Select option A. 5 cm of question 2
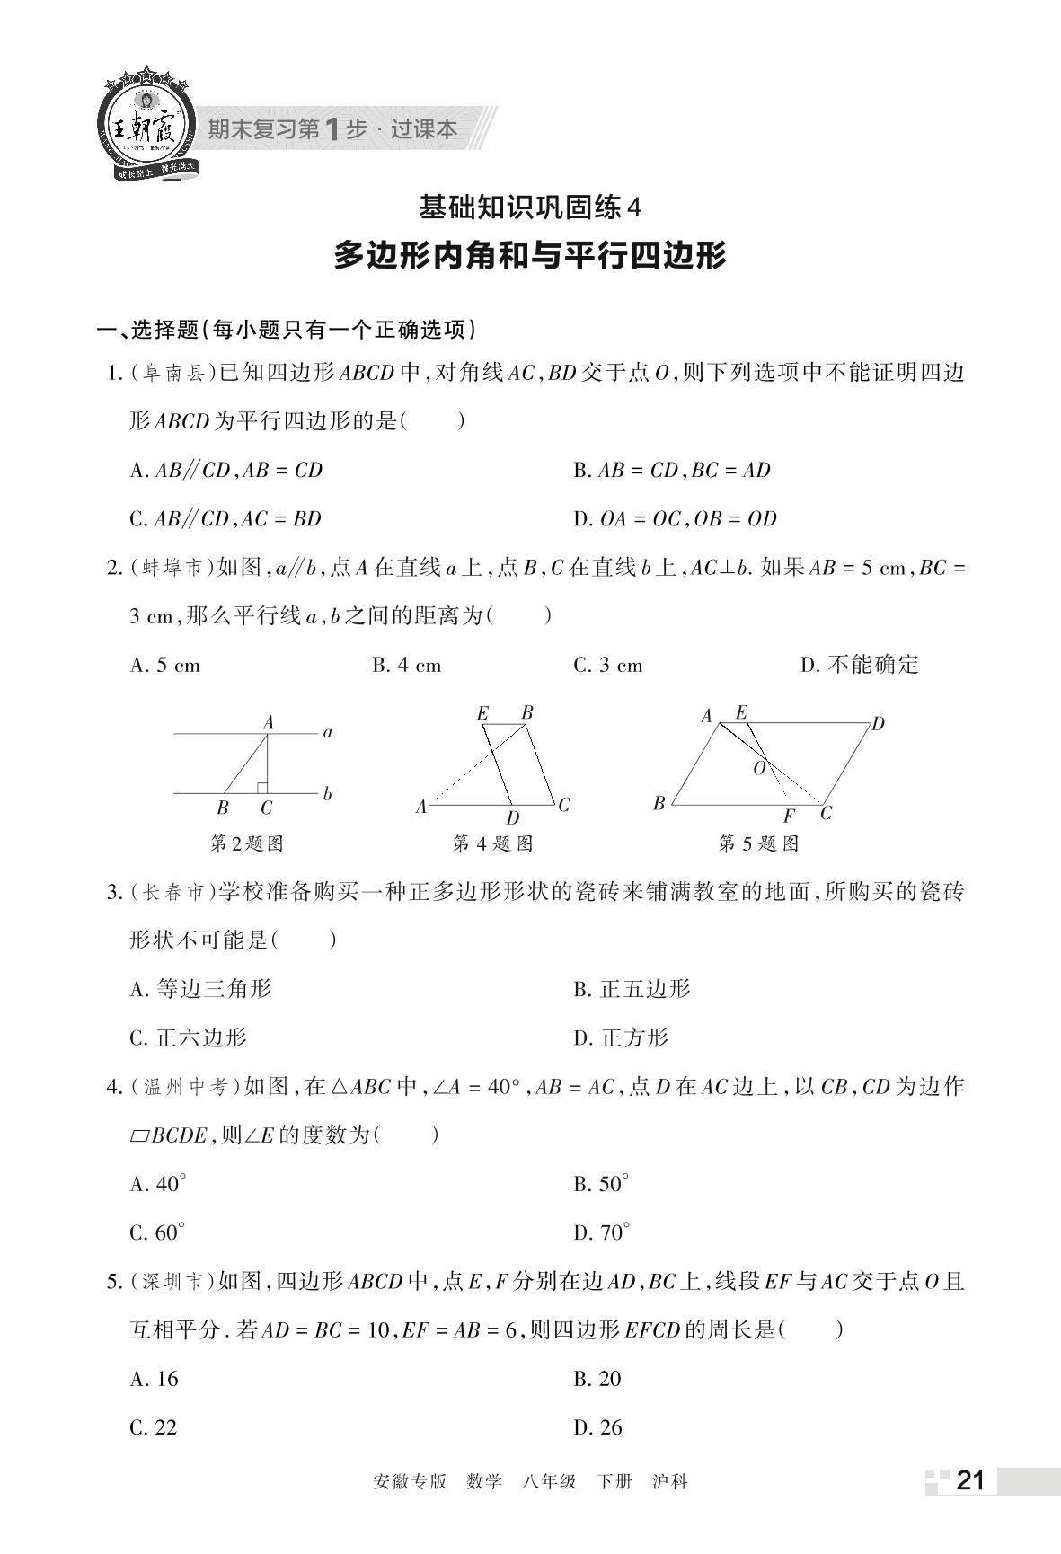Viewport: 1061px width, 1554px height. [x=165, y=666]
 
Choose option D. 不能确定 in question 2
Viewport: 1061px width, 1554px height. [x=860, y=665]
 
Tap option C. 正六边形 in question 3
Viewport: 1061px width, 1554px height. [x=188, y=1038]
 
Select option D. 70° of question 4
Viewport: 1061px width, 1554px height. [x=602, y=1232]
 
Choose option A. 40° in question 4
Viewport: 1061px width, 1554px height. [x=158, y=1184]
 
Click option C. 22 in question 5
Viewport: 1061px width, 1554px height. [x=154, y=1427]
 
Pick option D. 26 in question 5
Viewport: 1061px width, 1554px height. [x=597, y=1427]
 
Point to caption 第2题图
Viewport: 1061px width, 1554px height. [x=246, y=843]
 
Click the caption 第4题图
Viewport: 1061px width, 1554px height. [x=492, y=843]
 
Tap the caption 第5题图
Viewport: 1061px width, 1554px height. [x=758, y=843]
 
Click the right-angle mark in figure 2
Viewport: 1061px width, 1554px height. [x=261, y=788]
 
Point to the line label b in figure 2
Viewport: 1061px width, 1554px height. [x=327, y=794]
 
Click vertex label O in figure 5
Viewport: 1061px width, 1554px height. [x=759, y=769]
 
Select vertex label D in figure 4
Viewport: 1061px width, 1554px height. [x=512, y=818]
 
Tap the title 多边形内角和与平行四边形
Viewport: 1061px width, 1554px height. [x=530, y=256]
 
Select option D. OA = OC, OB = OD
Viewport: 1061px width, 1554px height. [x=675, y=518]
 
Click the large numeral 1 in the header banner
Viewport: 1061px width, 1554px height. [x=332, y=129]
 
